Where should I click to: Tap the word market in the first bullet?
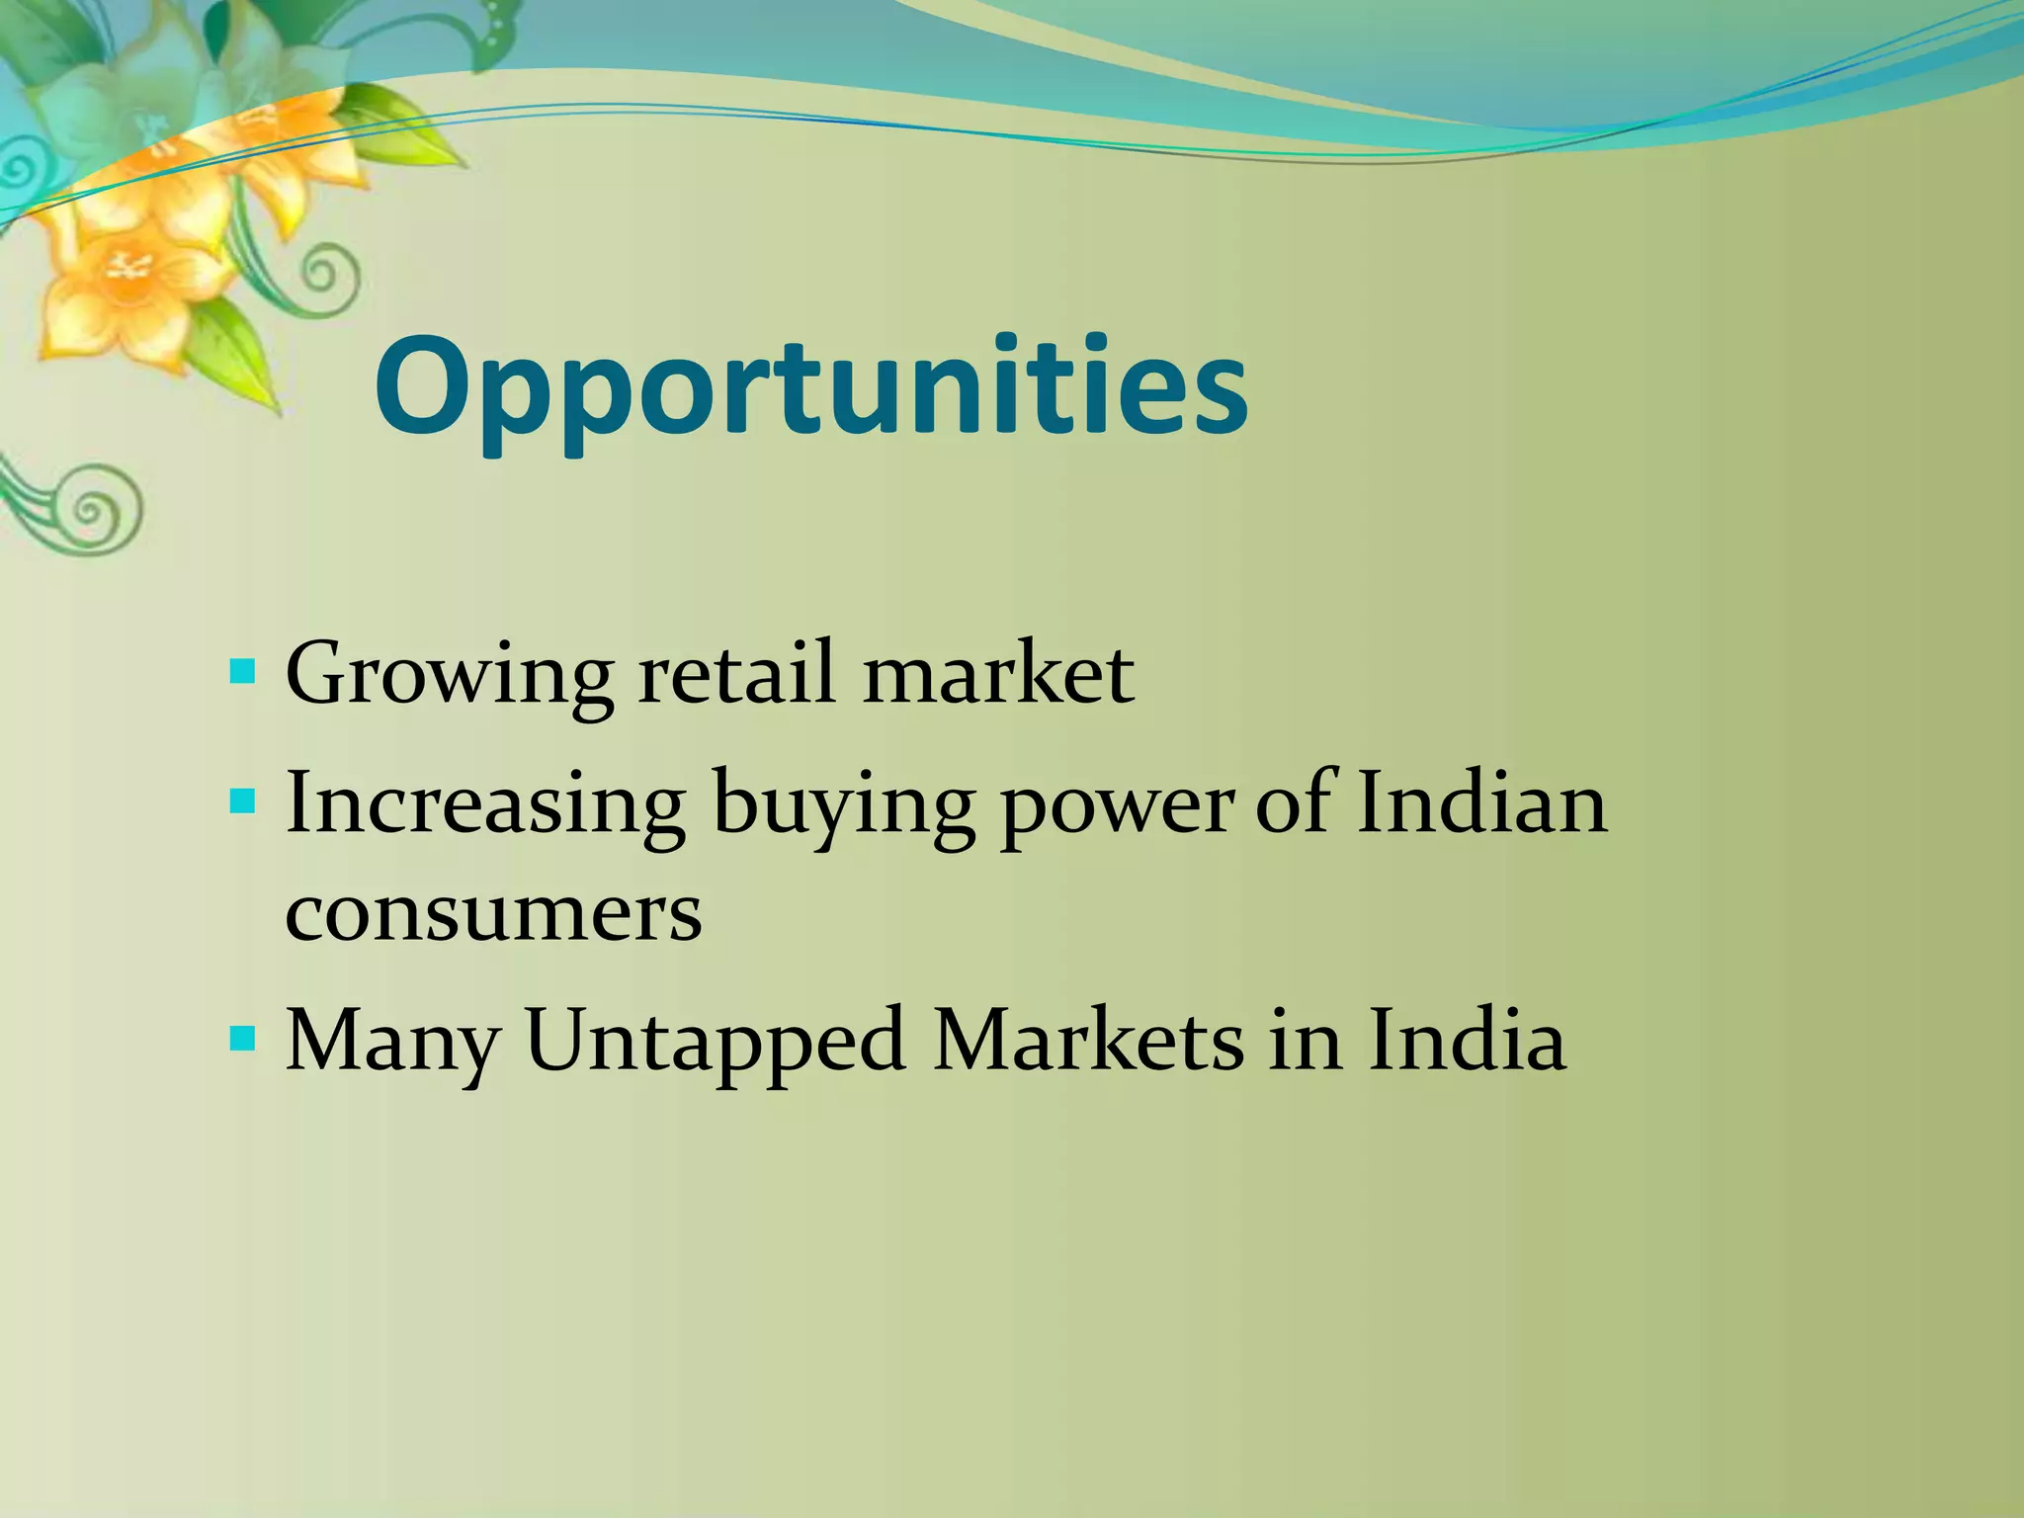(998, 674)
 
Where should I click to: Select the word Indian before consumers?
(1481, 802)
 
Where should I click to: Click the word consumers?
(493, 911)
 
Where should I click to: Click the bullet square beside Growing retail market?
(242, 674)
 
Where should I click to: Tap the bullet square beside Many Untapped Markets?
(242, 1039)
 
